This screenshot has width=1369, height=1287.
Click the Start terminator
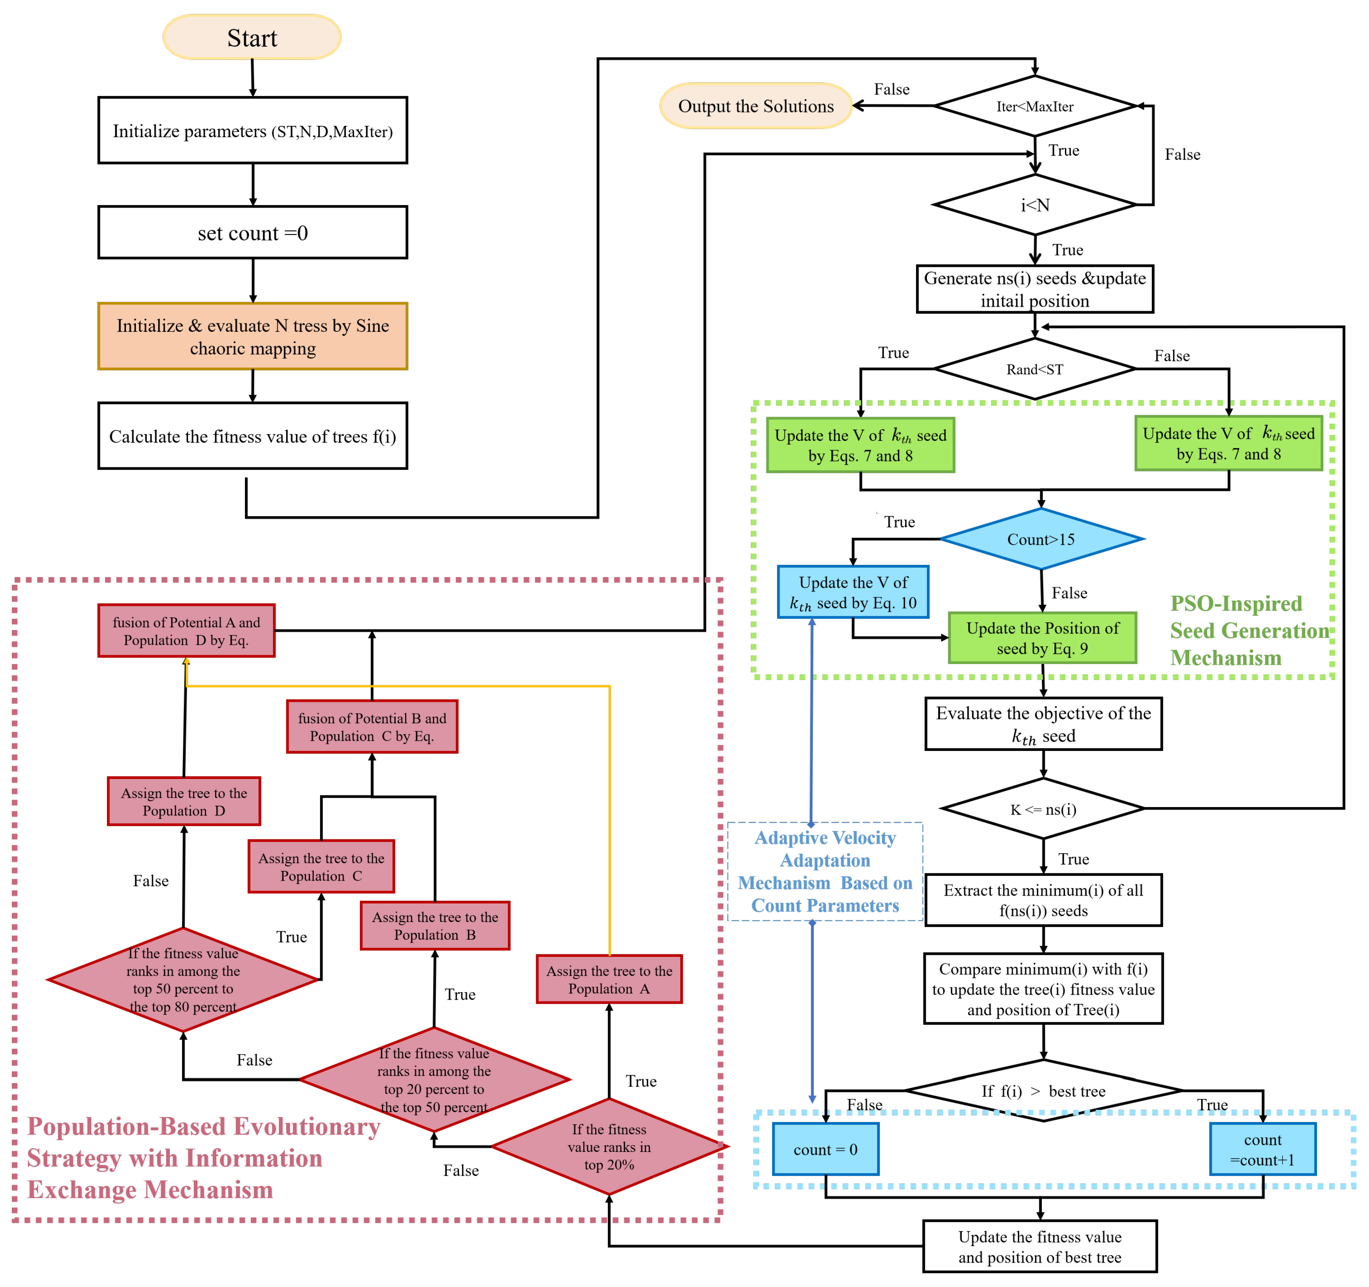point(252,38)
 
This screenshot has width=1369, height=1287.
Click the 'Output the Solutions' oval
point(755,106)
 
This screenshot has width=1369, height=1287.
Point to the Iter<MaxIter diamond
point(1034,106)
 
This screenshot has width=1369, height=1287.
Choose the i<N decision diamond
point(1034,205)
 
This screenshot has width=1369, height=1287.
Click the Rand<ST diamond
point(1034,369)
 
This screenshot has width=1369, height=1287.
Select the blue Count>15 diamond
point(1041,539)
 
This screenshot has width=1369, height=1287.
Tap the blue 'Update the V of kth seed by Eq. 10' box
point(853,592)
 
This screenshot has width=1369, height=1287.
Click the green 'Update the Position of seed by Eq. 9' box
point(1042,638)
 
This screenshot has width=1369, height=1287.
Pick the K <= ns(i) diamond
point(1043,809)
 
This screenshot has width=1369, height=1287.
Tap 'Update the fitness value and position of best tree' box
point(1039,1246)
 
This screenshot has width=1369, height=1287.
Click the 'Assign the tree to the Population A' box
point(609,979)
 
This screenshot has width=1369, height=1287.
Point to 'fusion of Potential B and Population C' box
point(372,727)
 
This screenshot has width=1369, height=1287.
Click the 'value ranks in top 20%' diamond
point(609,1146)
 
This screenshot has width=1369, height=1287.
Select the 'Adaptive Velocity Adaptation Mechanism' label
point(825,871)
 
